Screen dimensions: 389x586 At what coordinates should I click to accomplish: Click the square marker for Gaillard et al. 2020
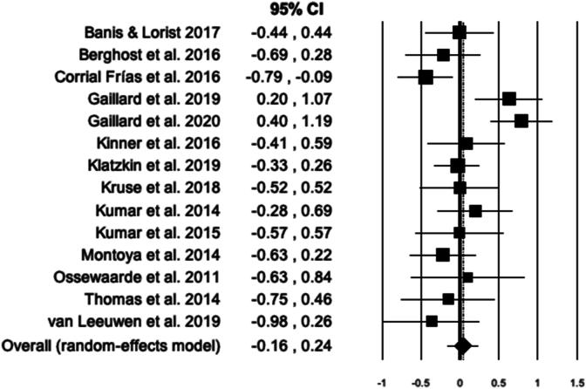[521, 120]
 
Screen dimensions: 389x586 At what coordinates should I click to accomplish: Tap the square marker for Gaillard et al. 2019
[509, 99]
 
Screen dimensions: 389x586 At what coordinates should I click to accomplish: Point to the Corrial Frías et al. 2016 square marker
[426, 77]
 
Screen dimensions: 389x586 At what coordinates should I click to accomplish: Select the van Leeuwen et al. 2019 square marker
[432, 321]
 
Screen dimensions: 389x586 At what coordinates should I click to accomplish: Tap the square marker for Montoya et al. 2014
[442, 255]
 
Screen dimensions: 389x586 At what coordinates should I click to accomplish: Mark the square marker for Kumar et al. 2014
[475, 210]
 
